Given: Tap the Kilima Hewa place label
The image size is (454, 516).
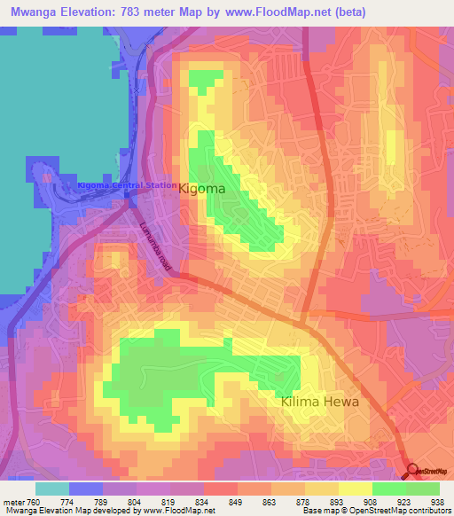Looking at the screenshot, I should click(320, 402).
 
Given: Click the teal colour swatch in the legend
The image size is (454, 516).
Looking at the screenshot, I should click(52, 489).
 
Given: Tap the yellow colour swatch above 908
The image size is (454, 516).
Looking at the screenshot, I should click(356, 489).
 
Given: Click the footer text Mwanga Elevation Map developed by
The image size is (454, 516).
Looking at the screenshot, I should click(62, 511).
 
